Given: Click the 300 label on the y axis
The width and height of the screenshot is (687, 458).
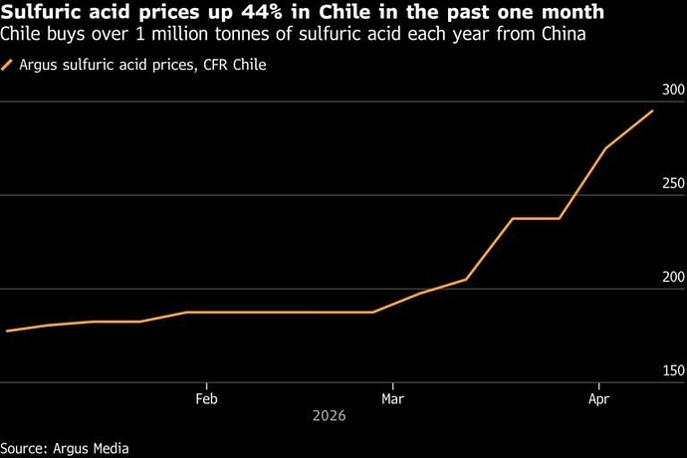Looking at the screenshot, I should pos(673,91).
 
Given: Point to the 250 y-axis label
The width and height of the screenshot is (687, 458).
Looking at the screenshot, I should pos(673,184).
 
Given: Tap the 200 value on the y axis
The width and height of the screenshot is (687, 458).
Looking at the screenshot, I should pos(673,277).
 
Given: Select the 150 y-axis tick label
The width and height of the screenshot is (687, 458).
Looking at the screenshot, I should pos(673,370).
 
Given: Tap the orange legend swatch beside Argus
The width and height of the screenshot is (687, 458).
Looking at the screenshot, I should pos(8,65).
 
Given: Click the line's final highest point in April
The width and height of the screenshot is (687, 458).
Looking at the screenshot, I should pos(653,111).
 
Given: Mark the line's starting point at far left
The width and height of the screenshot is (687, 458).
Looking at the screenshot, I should pos(7,331).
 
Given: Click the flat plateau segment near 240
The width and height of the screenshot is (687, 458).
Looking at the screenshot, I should pos(536,218).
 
